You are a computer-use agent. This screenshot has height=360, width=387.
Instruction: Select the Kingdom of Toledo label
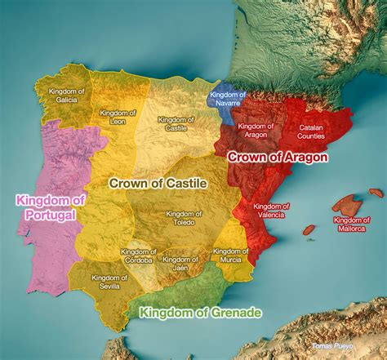[184, 218]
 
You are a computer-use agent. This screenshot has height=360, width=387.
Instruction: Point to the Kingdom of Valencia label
[269, 211]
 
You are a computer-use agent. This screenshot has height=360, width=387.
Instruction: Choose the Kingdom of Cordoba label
[136, 256]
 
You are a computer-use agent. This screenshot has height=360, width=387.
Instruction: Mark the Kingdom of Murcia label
[229, 256]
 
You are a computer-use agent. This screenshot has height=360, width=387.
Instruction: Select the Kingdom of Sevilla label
[109, 282]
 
